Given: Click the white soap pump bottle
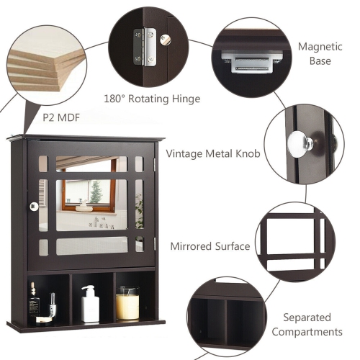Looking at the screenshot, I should (x=90, y=305).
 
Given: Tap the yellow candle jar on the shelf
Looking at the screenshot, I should (x=127, y=305).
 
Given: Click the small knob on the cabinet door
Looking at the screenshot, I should (x=33, y=207).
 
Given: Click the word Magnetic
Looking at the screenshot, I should (x=320, y=46).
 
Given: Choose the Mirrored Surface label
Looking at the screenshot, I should (x=210, y=246).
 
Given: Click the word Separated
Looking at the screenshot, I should (x=307, y=317).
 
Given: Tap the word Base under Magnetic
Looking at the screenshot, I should (x=320, y=61).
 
